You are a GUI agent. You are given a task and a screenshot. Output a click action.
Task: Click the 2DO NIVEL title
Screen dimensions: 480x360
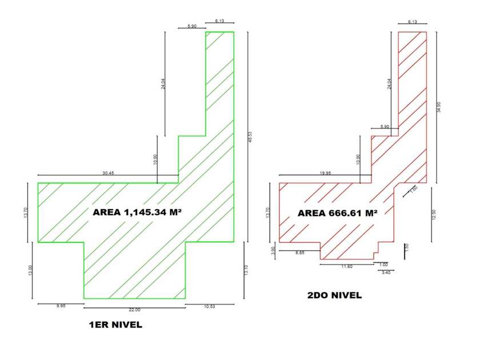[334, 295]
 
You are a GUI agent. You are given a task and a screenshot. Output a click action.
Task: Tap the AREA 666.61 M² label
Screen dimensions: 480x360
[338, 213]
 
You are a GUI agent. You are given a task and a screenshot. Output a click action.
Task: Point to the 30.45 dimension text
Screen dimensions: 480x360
[108, 173]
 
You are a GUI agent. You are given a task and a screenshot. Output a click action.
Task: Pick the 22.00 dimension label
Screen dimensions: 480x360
[134, 310]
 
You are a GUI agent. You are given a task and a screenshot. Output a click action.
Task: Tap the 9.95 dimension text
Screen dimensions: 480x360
[61, 307]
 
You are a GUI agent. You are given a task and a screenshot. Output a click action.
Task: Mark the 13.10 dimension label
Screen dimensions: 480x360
[246, 270]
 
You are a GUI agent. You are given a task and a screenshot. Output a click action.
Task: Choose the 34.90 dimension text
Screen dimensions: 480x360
[439, 107]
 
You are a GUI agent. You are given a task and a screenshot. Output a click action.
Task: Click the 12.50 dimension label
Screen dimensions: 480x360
[434, 213]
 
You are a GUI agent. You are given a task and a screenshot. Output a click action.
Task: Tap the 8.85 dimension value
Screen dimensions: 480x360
[299, 253]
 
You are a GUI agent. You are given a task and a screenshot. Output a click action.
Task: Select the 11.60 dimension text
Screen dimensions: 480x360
[346, 267]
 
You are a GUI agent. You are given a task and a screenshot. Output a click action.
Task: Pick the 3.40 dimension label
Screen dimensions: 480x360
[386, 273]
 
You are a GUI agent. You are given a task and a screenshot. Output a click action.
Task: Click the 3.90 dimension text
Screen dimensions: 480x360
[274, 250]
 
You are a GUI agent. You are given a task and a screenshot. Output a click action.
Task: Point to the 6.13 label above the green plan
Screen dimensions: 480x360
[219, 21]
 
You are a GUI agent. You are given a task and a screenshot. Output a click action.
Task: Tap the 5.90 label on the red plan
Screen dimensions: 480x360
[385, 126]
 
